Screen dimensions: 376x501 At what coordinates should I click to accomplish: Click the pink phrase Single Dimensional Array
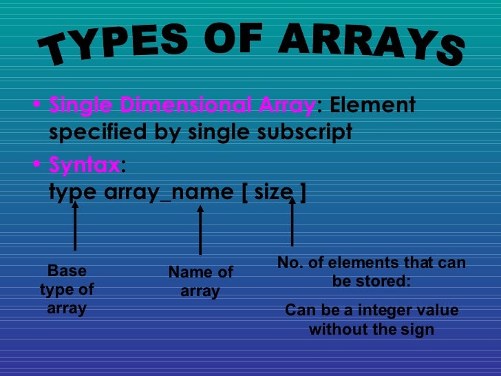pos(182,106)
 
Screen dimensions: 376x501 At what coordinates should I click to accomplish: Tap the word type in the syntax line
pos(73,192)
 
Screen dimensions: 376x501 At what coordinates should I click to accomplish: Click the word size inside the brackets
pos(273,192)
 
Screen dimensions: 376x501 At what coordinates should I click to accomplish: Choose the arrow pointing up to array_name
pos(200,231)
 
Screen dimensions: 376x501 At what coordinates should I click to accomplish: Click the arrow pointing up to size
pos(292,222)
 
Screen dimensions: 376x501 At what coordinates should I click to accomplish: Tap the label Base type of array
pos(67,290)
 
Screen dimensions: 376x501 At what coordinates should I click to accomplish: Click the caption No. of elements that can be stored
pos(371,272)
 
